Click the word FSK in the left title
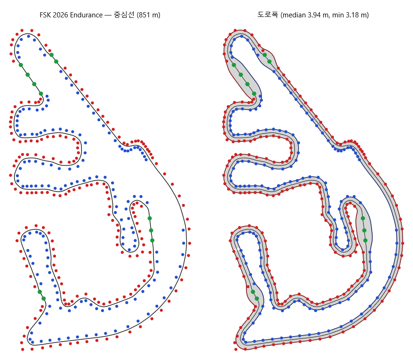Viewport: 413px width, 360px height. pyautogui.click(x=45, y=15)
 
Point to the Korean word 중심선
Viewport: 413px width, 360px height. pyautogui.click(x=124, y=15)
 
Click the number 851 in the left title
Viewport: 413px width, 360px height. pyautogui.click(x=144, y=15)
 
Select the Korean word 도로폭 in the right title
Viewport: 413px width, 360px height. pyautogui.click(x=268, y=15)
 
